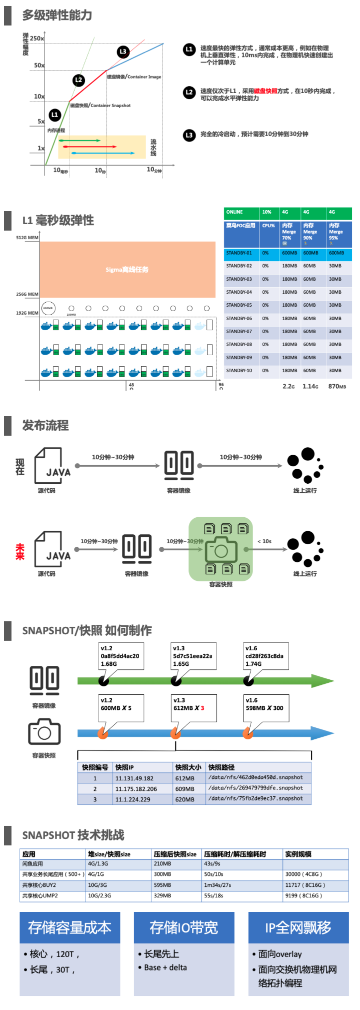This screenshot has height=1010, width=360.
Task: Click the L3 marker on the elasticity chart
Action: click(123, 52)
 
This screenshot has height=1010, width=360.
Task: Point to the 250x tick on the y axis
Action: click(37, 38)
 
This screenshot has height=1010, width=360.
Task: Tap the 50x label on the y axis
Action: click(39, 66)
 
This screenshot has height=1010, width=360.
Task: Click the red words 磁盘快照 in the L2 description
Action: click(265, 91)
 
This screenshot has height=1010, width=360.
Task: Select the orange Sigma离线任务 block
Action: click(127, 270)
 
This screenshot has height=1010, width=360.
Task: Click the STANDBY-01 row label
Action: click(239, 253)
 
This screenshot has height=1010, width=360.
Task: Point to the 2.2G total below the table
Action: click(288, 386)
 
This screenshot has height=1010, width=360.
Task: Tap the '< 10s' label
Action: click(264, 541)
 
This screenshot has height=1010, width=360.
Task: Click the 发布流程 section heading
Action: click(45, 426)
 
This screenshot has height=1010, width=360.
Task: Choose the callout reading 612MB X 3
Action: click(194, 708)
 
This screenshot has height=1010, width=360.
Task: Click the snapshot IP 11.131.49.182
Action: click(134, 778)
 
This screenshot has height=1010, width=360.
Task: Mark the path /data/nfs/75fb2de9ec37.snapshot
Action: click(256, 799)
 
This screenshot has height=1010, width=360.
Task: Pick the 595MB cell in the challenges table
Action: click(163, 885)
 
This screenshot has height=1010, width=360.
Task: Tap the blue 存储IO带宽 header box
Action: click(184, 928)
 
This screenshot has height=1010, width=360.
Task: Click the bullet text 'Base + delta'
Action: click(165, 967)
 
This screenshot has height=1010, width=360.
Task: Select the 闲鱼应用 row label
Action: click(33, 864)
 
